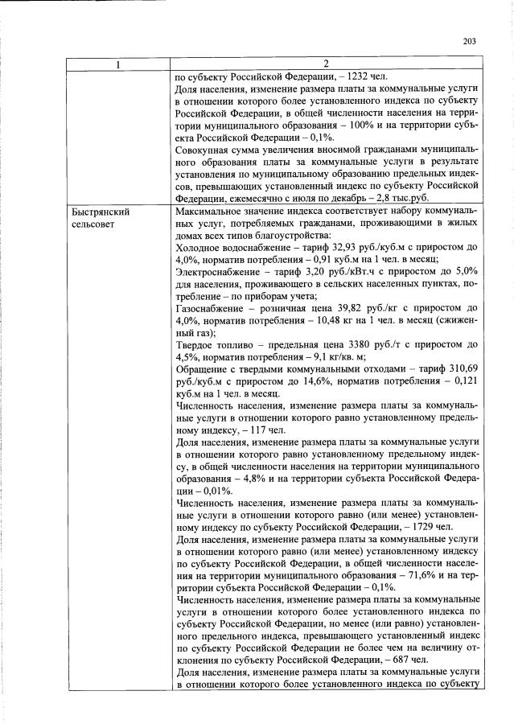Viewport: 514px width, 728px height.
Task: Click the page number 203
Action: pos(470,43)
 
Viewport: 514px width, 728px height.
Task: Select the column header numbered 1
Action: pos(119,64)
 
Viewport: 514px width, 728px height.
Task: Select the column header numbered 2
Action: pos(327,64)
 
